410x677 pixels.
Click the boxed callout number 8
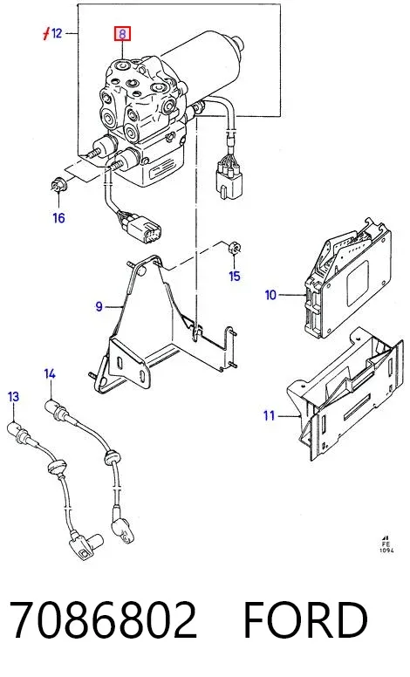[x=122, y=34]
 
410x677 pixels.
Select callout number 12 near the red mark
[x=57, y=33]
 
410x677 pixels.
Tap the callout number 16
[x=58, y=217]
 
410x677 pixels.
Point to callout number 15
[x=235, y=276]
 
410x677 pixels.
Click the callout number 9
[x=99, y=306]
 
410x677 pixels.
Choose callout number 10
[x=270, y=296]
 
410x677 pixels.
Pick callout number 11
[x=270, y=416]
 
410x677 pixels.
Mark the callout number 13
[x=14, y=396]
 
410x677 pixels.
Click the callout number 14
[x=50, y=374]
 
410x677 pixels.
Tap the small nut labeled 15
[x=235, y=249]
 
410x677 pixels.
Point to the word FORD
[x=305, y=620]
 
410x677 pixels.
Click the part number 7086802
[x=103, y=620]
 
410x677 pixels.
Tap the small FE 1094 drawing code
[x=386, y=544]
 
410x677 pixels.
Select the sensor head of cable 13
[x=86, y=546]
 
